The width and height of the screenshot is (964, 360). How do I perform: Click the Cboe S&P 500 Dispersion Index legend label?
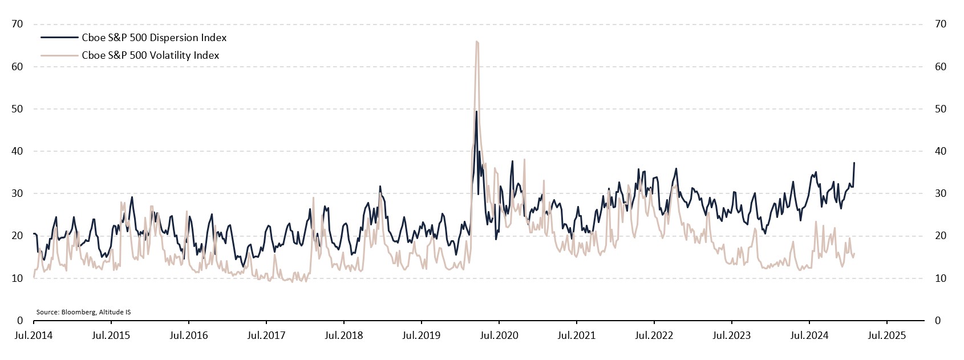point(154,38)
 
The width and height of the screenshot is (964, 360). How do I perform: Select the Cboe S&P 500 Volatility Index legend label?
point(151,55)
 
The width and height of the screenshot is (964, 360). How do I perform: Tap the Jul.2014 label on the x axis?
point(34,335)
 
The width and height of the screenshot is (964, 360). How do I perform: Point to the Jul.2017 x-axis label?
point(266,335)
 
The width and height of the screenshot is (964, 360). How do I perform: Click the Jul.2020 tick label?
point(499,335)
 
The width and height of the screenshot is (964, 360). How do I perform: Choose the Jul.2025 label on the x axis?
point(886,335)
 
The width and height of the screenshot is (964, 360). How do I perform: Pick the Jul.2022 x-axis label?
point(654,335)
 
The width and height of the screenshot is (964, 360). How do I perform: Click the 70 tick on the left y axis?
point(17,24)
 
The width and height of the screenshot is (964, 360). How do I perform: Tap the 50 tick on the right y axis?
point(941,109)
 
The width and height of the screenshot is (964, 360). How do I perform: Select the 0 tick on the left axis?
point(20,321)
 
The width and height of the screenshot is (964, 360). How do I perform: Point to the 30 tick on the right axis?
point(941,193)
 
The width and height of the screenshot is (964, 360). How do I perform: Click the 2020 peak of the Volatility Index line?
point(476,41)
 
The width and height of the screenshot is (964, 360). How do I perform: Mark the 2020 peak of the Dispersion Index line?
point(476,111)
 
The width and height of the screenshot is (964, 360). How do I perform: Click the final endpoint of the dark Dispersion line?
point(854,163)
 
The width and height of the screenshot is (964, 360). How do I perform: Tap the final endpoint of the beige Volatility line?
point(854,254)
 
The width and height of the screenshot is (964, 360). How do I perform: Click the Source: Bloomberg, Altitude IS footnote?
point(83,312)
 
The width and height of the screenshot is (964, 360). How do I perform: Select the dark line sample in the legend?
point(59,38)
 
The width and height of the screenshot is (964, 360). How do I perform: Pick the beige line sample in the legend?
point(59,55)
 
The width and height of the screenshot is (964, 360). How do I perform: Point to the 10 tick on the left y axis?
point(17,278)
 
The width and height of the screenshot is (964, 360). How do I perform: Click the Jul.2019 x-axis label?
point(421,335)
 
